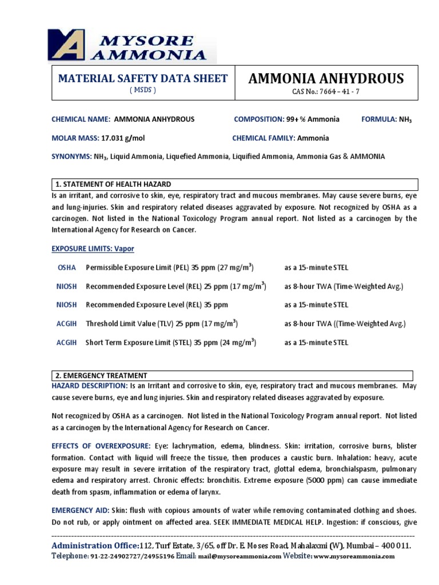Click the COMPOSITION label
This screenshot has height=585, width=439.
coord(258,119)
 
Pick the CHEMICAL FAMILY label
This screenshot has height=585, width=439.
coord(263,138)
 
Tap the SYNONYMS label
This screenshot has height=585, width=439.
coord(71,157)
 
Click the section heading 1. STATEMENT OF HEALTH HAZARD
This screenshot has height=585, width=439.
coord(113,184)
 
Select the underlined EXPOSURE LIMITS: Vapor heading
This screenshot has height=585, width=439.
coord(93,249)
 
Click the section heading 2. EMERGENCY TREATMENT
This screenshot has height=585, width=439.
coord(101,375)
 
